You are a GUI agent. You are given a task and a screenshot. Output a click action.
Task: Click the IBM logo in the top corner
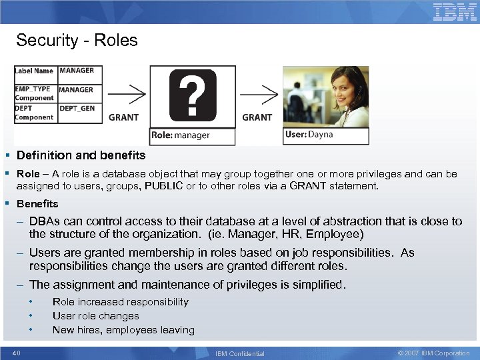(x=455, y=12)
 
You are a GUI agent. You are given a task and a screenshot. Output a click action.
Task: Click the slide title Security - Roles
(x=77, y=40)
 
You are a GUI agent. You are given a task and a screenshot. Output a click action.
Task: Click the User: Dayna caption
(x=309, y=135)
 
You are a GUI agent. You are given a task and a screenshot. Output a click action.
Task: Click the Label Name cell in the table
(x=34, y=71)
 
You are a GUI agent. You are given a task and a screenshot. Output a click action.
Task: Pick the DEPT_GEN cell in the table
(x=77, y=108)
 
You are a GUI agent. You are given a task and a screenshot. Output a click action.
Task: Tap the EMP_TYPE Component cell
(x=34, y=93)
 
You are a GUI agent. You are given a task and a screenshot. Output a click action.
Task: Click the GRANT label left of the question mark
(x=123, y=117)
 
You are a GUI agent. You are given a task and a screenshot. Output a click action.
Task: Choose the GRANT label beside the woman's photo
(x=257, y=117)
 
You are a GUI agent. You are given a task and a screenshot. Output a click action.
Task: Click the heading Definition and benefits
(x=81, y=155)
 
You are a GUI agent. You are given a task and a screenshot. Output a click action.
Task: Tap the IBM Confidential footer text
(x=240, y=353)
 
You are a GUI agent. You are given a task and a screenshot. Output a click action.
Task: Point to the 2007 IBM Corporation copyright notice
(x=433, y=353)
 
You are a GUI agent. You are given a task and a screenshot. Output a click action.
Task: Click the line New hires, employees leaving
(x=123, y=330)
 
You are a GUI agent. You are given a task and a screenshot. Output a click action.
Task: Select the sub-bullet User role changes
(x=95, y=316)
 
